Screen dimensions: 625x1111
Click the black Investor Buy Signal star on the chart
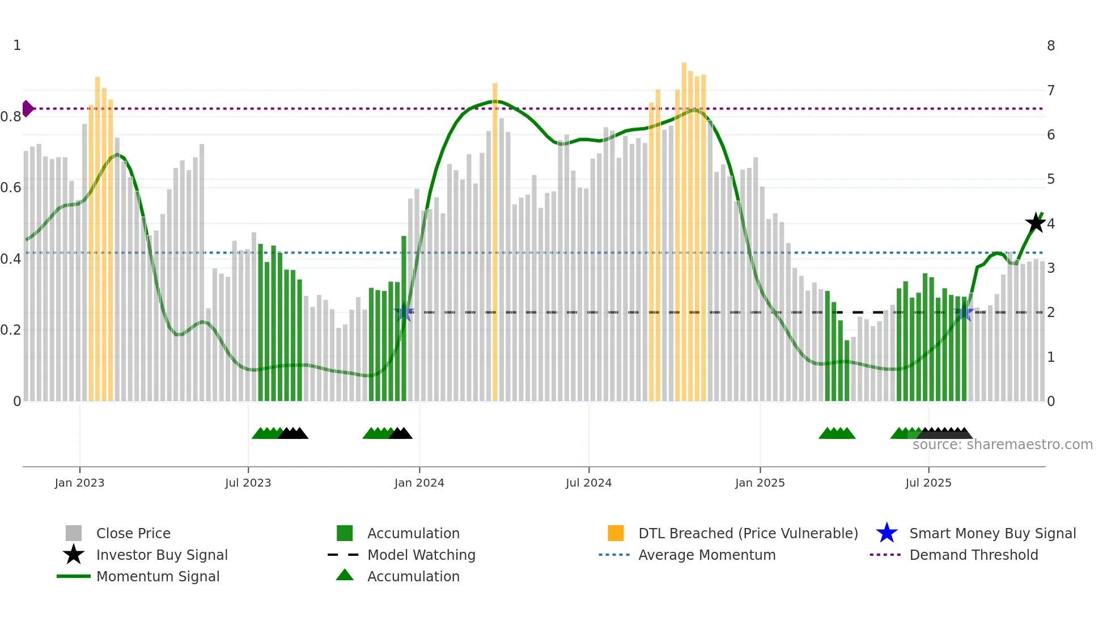click(1036, 223)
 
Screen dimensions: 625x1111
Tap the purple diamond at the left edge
click(27, 108)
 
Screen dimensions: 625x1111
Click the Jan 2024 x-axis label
click(419, 483)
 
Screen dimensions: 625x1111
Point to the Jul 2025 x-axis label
click(928, 483)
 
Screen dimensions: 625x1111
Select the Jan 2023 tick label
click(79, 483)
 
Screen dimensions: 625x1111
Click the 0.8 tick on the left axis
click(11, 117)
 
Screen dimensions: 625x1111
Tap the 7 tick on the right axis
click(1051, 90)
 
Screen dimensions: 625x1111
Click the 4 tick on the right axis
click(1051, 223)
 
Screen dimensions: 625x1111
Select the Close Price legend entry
click(133, 533)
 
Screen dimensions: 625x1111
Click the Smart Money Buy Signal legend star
click(887, 533)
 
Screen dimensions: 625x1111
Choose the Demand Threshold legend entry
click(973, 555)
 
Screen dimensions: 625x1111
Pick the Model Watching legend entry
click(421, 555)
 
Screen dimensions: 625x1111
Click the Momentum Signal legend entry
click(158, 576)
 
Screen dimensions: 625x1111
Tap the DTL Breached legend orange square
click(616, 533)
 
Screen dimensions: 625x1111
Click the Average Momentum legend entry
click(706, 555)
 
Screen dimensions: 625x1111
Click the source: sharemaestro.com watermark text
click(1002, 445)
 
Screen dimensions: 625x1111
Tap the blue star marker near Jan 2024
click(404, 312)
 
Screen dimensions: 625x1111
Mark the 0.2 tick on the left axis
click(11, 330)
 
